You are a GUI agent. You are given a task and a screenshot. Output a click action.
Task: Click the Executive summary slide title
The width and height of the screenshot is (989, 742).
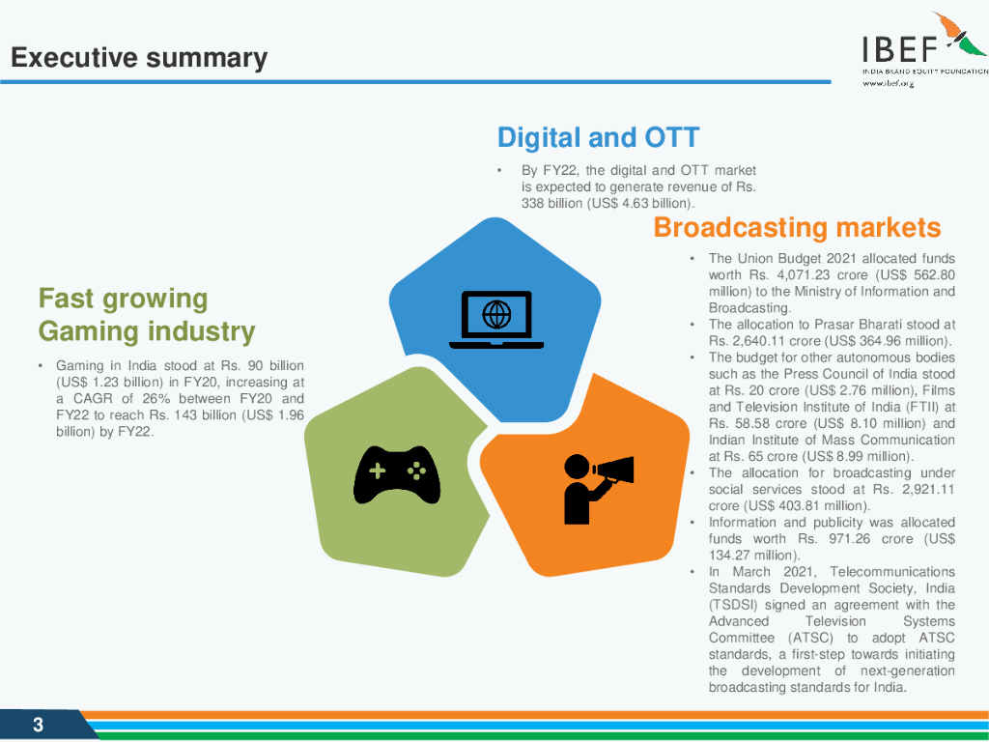pyautogui.click(x=139, y=58)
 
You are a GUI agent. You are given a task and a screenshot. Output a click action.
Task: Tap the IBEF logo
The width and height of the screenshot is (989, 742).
pyautogui.click(x=924, y=48)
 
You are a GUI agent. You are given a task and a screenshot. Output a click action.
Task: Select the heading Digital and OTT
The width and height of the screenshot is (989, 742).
pyautogui.click(x=599, y=137)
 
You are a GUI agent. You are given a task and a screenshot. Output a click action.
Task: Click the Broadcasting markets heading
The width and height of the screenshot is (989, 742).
pyautogui.click(x=797, y=228)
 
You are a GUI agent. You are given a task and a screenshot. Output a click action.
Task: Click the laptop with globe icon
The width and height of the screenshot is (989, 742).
pyautogui.click(x=496, y=320)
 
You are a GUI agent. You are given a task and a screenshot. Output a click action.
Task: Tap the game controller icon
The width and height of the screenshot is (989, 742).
pyautogui.click(x=397, y=475)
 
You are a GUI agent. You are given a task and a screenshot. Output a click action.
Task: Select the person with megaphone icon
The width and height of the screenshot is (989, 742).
pyautogui.click(x=598, y=489)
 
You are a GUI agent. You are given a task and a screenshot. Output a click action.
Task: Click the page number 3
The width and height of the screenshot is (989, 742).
pyautogui.click(x=38, y=725)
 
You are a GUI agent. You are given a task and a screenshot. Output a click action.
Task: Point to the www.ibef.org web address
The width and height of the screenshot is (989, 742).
pyautogui.click(x=889, y=83)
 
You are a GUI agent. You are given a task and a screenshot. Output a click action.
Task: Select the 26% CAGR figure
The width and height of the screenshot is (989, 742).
pyautogui.click(x=155, y=399)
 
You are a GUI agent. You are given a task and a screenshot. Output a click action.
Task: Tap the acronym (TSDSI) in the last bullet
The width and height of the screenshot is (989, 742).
pyautogui.click(x=733, y=605)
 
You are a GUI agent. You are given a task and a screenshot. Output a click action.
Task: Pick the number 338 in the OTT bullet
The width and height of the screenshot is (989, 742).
pyautogui.click(x=532, y=203)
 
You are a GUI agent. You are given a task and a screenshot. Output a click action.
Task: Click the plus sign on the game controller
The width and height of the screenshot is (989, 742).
pyautogui.click(x=378, y=471)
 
